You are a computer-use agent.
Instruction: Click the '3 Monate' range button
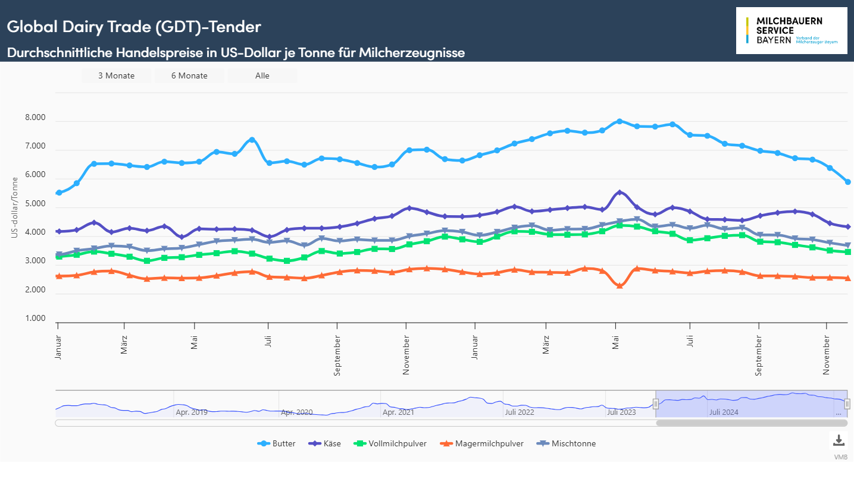click(117, 75)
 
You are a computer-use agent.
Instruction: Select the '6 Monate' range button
click(189, 75)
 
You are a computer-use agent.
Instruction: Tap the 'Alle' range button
click(262, 75)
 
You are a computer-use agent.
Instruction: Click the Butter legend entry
click(277, 443)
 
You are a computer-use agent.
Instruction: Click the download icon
click(839, 440)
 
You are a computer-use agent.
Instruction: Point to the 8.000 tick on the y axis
click(35, 118)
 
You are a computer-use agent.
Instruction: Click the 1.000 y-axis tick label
click(35, 319)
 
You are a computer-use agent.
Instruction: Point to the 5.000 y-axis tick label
click(35, 204)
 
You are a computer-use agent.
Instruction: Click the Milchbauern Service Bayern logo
click(791, 31)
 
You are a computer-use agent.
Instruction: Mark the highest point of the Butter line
click(620, 121)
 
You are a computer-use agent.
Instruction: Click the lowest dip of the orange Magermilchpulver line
click(620, 286)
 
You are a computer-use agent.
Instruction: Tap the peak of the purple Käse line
click(620, 193)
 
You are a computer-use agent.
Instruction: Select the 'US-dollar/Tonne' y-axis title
click(15, 208)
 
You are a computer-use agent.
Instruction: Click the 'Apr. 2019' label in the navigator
click(192, 412)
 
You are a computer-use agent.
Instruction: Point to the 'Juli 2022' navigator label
click(520, 412)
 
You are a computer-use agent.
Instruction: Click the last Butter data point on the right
click(847, 182)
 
